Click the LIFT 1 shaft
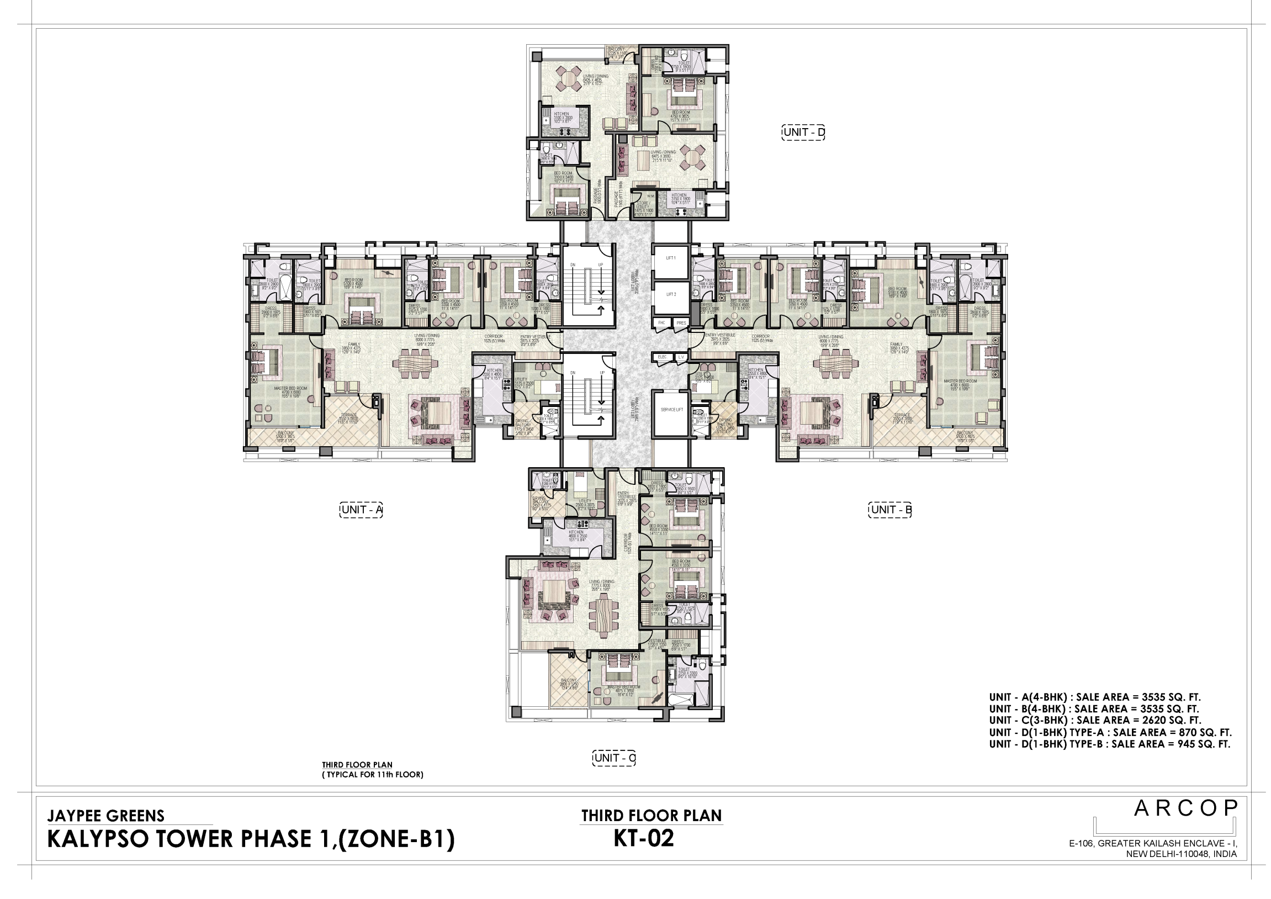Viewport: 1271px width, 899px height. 670,261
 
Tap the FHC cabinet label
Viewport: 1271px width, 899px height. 661,322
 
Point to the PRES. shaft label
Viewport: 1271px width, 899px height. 681,322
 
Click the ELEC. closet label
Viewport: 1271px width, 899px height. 662,357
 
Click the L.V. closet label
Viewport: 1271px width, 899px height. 681,357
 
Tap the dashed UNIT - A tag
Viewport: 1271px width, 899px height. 361,510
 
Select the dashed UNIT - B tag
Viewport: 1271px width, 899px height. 889,510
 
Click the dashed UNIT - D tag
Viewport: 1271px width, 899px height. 803,133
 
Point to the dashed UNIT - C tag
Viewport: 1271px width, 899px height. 613,758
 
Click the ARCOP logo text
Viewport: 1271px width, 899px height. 1185,809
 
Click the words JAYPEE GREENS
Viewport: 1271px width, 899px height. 105,816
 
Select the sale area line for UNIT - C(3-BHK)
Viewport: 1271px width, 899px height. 1094,720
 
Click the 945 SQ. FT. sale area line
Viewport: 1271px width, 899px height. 1109,744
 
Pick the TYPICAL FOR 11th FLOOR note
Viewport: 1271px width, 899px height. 373,774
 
